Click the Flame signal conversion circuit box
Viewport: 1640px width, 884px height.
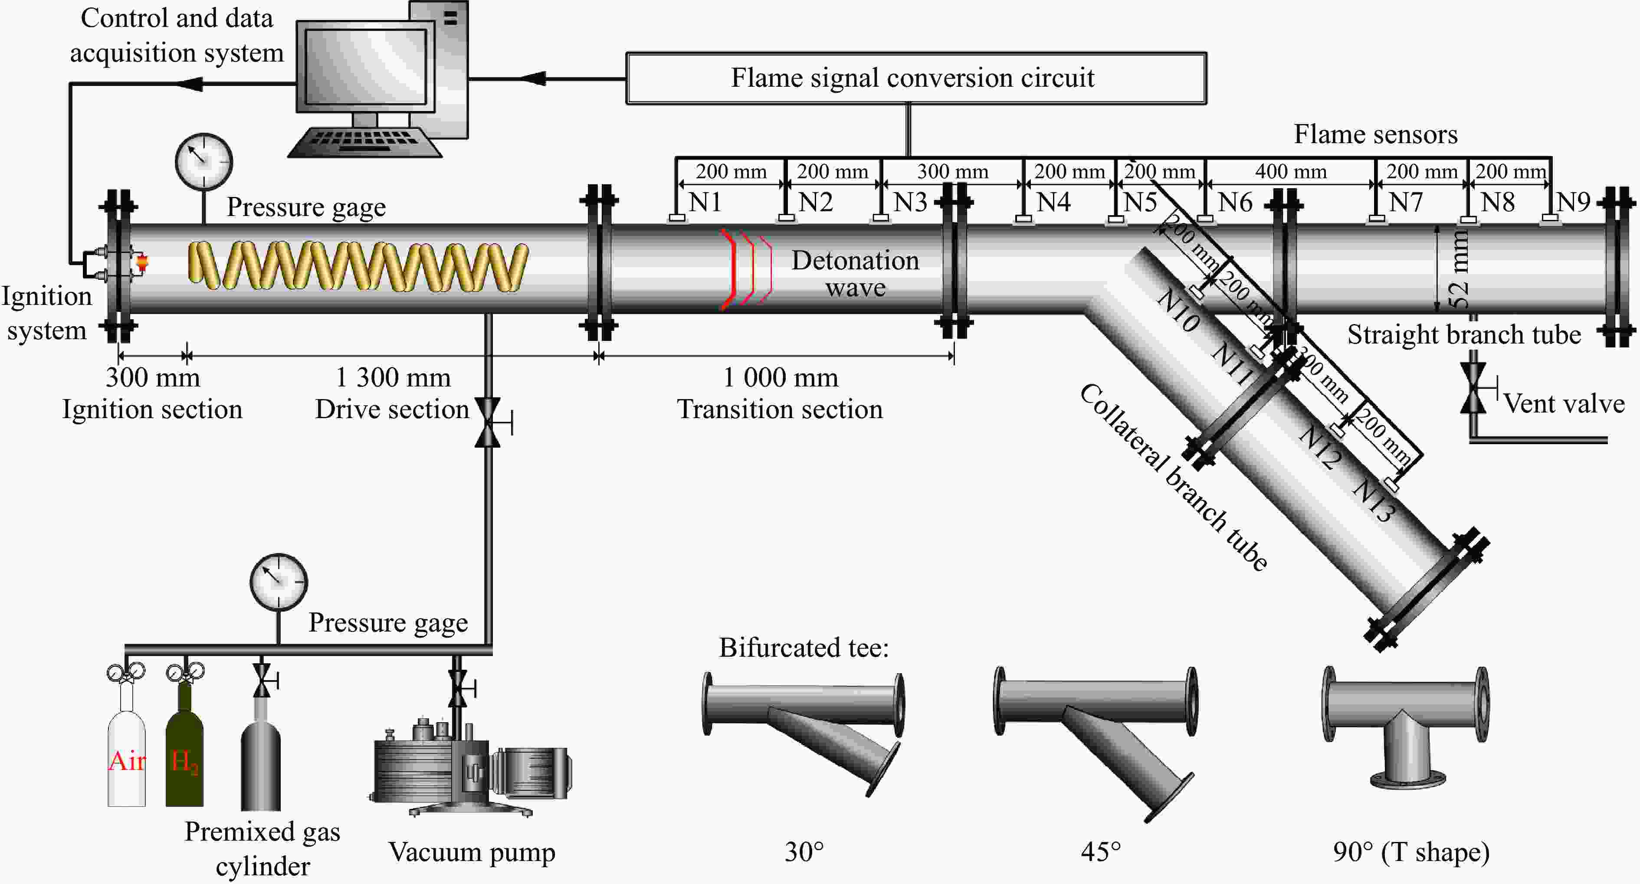(x=915, y=78)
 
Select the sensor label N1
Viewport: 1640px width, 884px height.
(x=705, y=203)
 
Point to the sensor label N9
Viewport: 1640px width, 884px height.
(x=1573, y=203)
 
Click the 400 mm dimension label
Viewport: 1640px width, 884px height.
(x=1290, y=172)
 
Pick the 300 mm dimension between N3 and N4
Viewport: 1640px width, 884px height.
(x=952, y=172)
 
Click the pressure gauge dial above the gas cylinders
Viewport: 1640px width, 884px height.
(x=279, y=582)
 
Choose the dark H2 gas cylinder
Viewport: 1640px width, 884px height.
(x=185, y=751)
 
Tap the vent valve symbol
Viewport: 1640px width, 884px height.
(x=1473, y=388)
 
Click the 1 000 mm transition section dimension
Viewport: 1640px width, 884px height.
(x=780, y=377)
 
